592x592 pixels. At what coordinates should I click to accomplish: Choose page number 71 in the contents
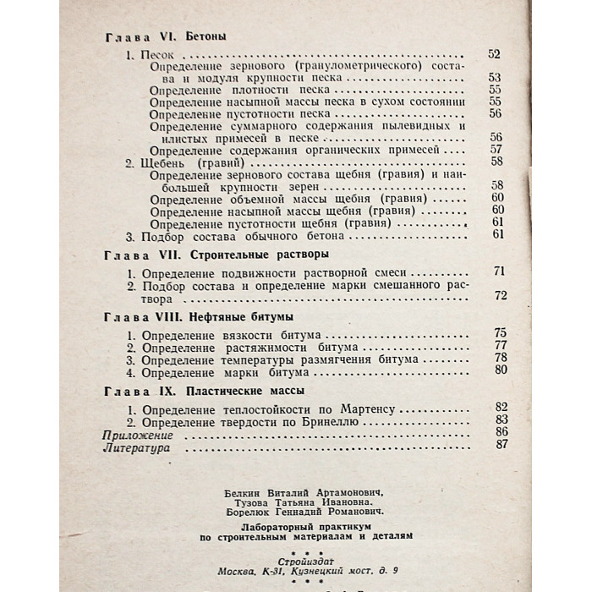pyautogui.click(x=498, y=273)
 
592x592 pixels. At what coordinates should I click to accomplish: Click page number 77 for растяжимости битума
pyautogui.click(x=498, y=346)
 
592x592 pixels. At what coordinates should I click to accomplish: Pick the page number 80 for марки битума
pyautogui.click(x=498, y=370)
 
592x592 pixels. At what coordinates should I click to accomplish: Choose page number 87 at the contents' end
pyautogui.click(x=498, y=445)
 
